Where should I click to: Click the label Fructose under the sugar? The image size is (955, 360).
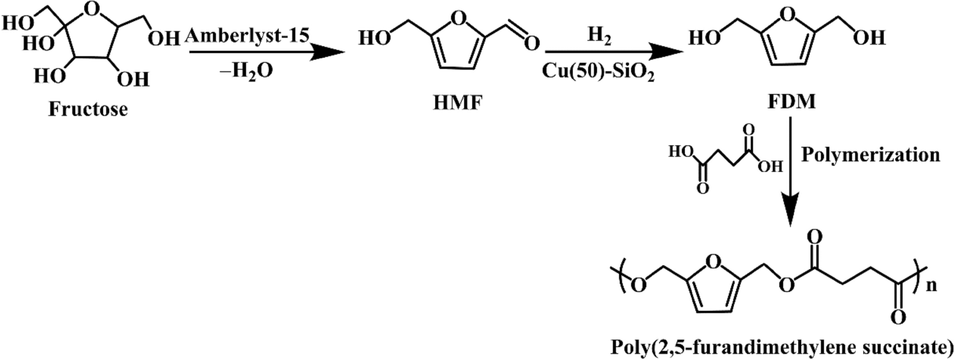point(88,110)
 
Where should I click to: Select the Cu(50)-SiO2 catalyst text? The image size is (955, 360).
point(593,73)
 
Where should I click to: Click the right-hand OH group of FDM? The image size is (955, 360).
point(868,39)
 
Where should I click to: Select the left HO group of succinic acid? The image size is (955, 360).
point(681,151)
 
